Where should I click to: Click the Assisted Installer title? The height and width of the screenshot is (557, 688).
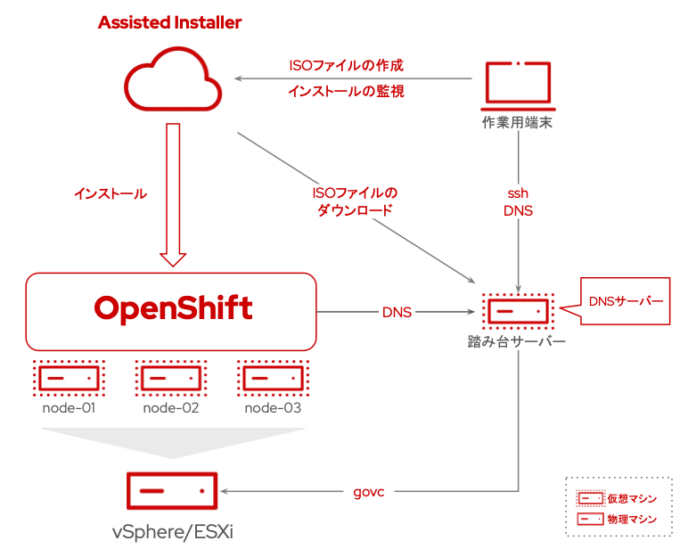click(169, 22)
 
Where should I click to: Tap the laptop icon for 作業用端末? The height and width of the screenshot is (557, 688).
click(518, 85)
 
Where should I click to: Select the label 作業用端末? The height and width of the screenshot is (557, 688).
click(518, 123)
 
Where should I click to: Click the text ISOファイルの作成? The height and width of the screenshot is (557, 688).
click(347, 66)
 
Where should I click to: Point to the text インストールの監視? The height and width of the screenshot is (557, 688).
click(347, 91)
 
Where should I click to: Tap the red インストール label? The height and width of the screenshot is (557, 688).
click(111, 193)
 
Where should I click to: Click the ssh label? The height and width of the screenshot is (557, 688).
click(518, 192)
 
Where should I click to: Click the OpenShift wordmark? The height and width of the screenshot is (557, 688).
click(173, 309)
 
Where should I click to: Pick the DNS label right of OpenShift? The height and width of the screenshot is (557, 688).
click(397, 312)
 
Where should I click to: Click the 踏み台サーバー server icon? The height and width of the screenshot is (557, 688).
click(518, 311)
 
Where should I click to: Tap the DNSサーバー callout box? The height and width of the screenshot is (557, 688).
click(627, 301)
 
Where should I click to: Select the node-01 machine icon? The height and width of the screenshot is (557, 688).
click(69, 378)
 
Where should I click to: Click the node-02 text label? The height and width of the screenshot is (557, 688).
click(171, 408)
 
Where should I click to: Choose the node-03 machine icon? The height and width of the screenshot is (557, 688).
click(273, 378)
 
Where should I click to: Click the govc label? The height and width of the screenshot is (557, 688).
click(369, 491)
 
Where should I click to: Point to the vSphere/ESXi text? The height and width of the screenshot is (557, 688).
click(172, 532)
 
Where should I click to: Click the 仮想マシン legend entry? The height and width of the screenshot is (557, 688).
click(619, 498)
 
